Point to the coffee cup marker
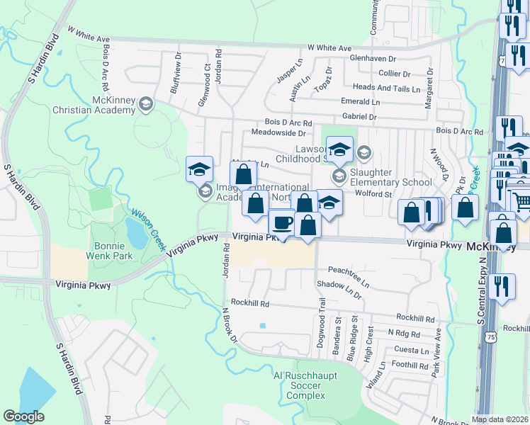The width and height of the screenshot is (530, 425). pyautogui.click(x=282, y=222)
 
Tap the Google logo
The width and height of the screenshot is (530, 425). pyautogui.click(x=23, y=416)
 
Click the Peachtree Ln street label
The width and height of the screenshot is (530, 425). pyautogui.click(x=349, y=275)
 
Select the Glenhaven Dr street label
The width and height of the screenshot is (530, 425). pyautogui.click(x=373, y=59)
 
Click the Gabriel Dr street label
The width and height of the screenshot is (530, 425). pyautogui.click(x=359, y=116)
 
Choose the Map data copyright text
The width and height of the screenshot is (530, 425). pyautogui.click(x=500, y=419)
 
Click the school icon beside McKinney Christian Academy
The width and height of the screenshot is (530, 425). pyautogui.click(x=147, y=104)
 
